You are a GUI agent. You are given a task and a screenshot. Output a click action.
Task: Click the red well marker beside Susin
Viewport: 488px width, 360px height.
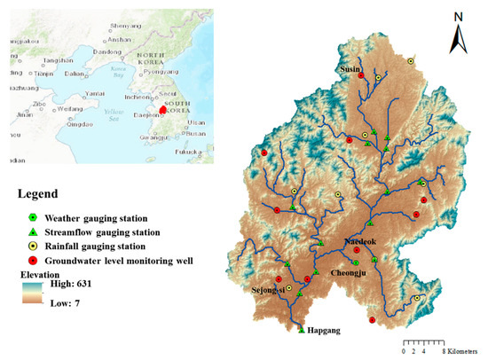pyautogui.click(x=360, y=76)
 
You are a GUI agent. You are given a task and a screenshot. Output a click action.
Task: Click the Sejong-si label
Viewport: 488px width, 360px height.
pyautogui.click(x=269, y=289)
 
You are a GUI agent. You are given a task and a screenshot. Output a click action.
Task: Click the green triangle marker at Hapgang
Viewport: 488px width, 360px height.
pyautogui.click(x=302, y=330)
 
